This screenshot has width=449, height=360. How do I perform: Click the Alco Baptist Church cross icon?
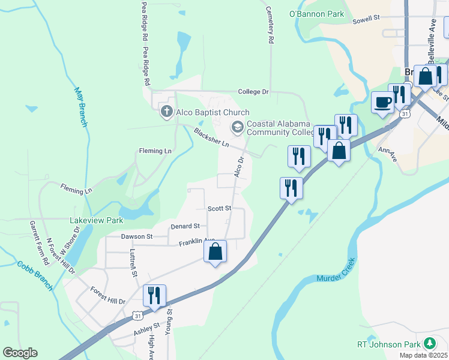coord(166,112)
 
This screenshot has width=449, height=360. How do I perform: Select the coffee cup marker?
coord(382,103)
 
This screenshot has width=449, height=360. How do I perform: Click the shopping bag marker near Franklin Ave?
coord(215,252)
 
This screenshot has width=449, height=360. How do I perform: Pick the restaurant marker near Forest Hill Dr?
coord(154,296)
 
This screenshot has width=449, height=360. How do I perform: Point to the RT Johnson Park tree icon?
coord(430,344)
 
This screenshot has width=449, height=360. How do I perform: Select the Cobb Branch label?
coord(35,275)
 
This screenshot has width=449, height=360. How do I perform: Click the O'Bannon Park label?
coord(316,14)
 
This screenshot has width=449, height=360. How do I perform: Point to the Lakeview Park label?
coord(96,221)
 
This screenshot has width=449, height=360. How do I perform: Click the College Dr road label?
coord(253,92)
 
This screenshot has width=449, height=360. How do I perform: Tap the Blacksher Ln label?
coord(211,137)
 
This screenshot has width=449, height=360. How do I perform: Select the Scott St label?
coord(219,208)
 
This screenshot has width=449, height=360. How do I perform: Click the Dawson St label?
coord(136,236)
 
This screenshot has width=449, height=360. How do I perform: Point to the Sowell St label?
coord(367,19)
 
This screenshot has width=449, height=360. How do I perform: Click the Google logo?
coord(20,353)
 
